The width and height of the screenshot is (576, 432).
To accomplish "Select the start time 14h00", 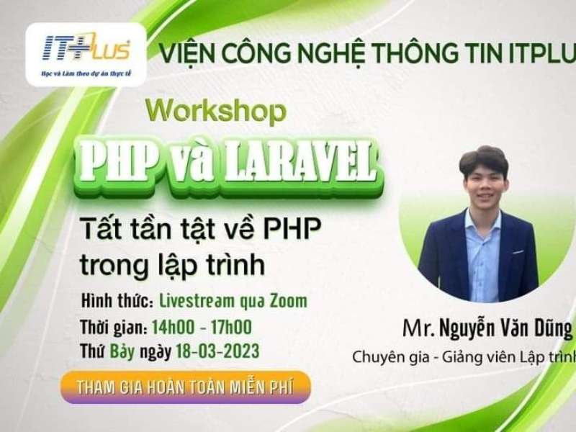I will tap(174, 327).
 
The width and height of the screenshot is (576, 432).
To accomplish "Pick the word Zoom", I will tap(287, 300).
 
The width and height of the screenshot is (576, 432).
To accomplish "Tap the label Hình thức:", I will tap(117, 300).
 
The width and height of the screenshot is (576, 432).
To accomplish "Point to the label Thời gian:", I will tap(114, 328).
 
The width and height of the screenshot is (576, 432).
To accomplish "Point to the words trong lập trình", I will tap(173, 264).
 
